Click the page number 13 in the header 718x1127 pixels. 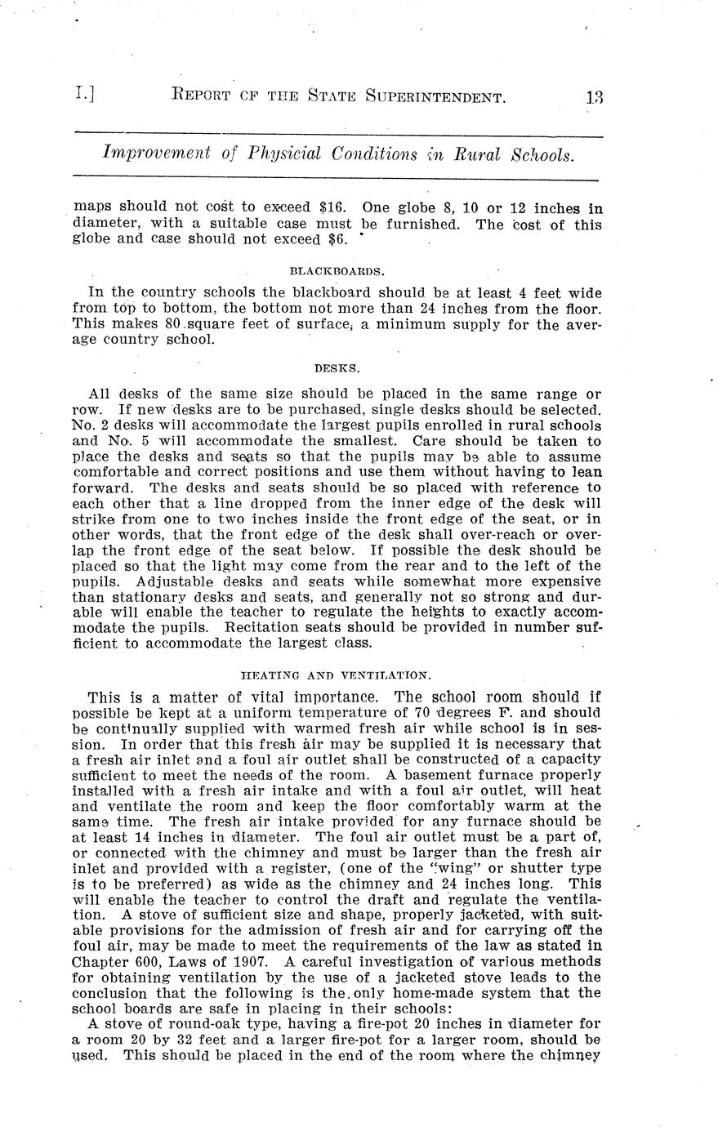coord(593,97)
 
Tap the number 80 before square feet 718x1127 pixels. coord(172,324)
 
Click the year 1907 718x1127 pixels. coord(245,962)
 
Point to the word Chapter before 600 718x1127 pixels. coord(101,962)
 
